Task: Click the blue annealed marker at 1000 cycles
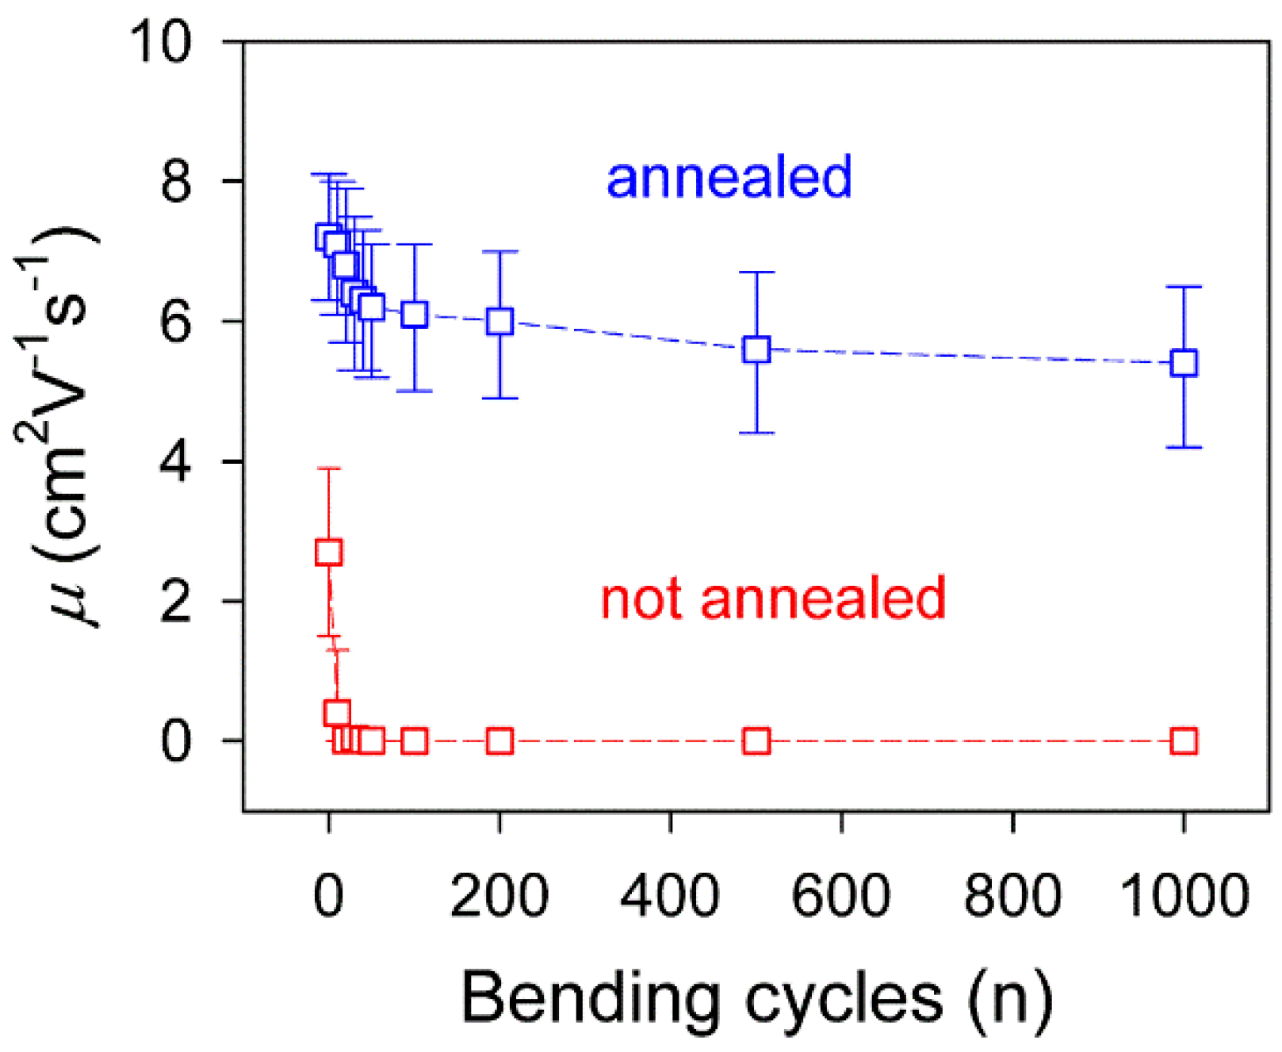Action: coord(1183,363)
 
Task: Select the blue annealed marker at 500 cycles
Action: coord(756,349)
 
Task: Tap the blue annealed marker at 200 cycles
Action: coord(499,321)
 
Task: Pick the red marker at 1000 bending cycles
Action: coord(1183,741)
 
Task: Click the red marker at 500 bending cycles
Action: coord(756,741)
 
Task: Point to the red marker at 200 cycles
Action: coord(499,741)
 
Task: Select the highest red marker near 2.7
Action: coord(328,552)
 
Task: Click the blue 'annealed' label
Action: coord(729,177)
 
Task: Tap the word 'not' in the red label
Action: coord(643,599)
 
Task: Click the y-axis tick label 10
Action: coord(161,41)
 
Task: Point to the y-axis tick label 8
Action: coord(176,182)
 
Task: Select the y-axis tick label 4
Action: coord(176,461)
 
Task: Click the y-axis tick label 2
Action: coord(176,601)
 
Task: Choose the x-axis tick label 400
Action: coord(670,896)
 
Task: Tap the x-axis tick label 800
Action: coord(1012,896)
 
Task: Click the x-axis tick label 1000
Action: coord(1184,896)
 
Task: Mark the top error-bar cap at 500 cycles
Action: coord(756,272)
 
